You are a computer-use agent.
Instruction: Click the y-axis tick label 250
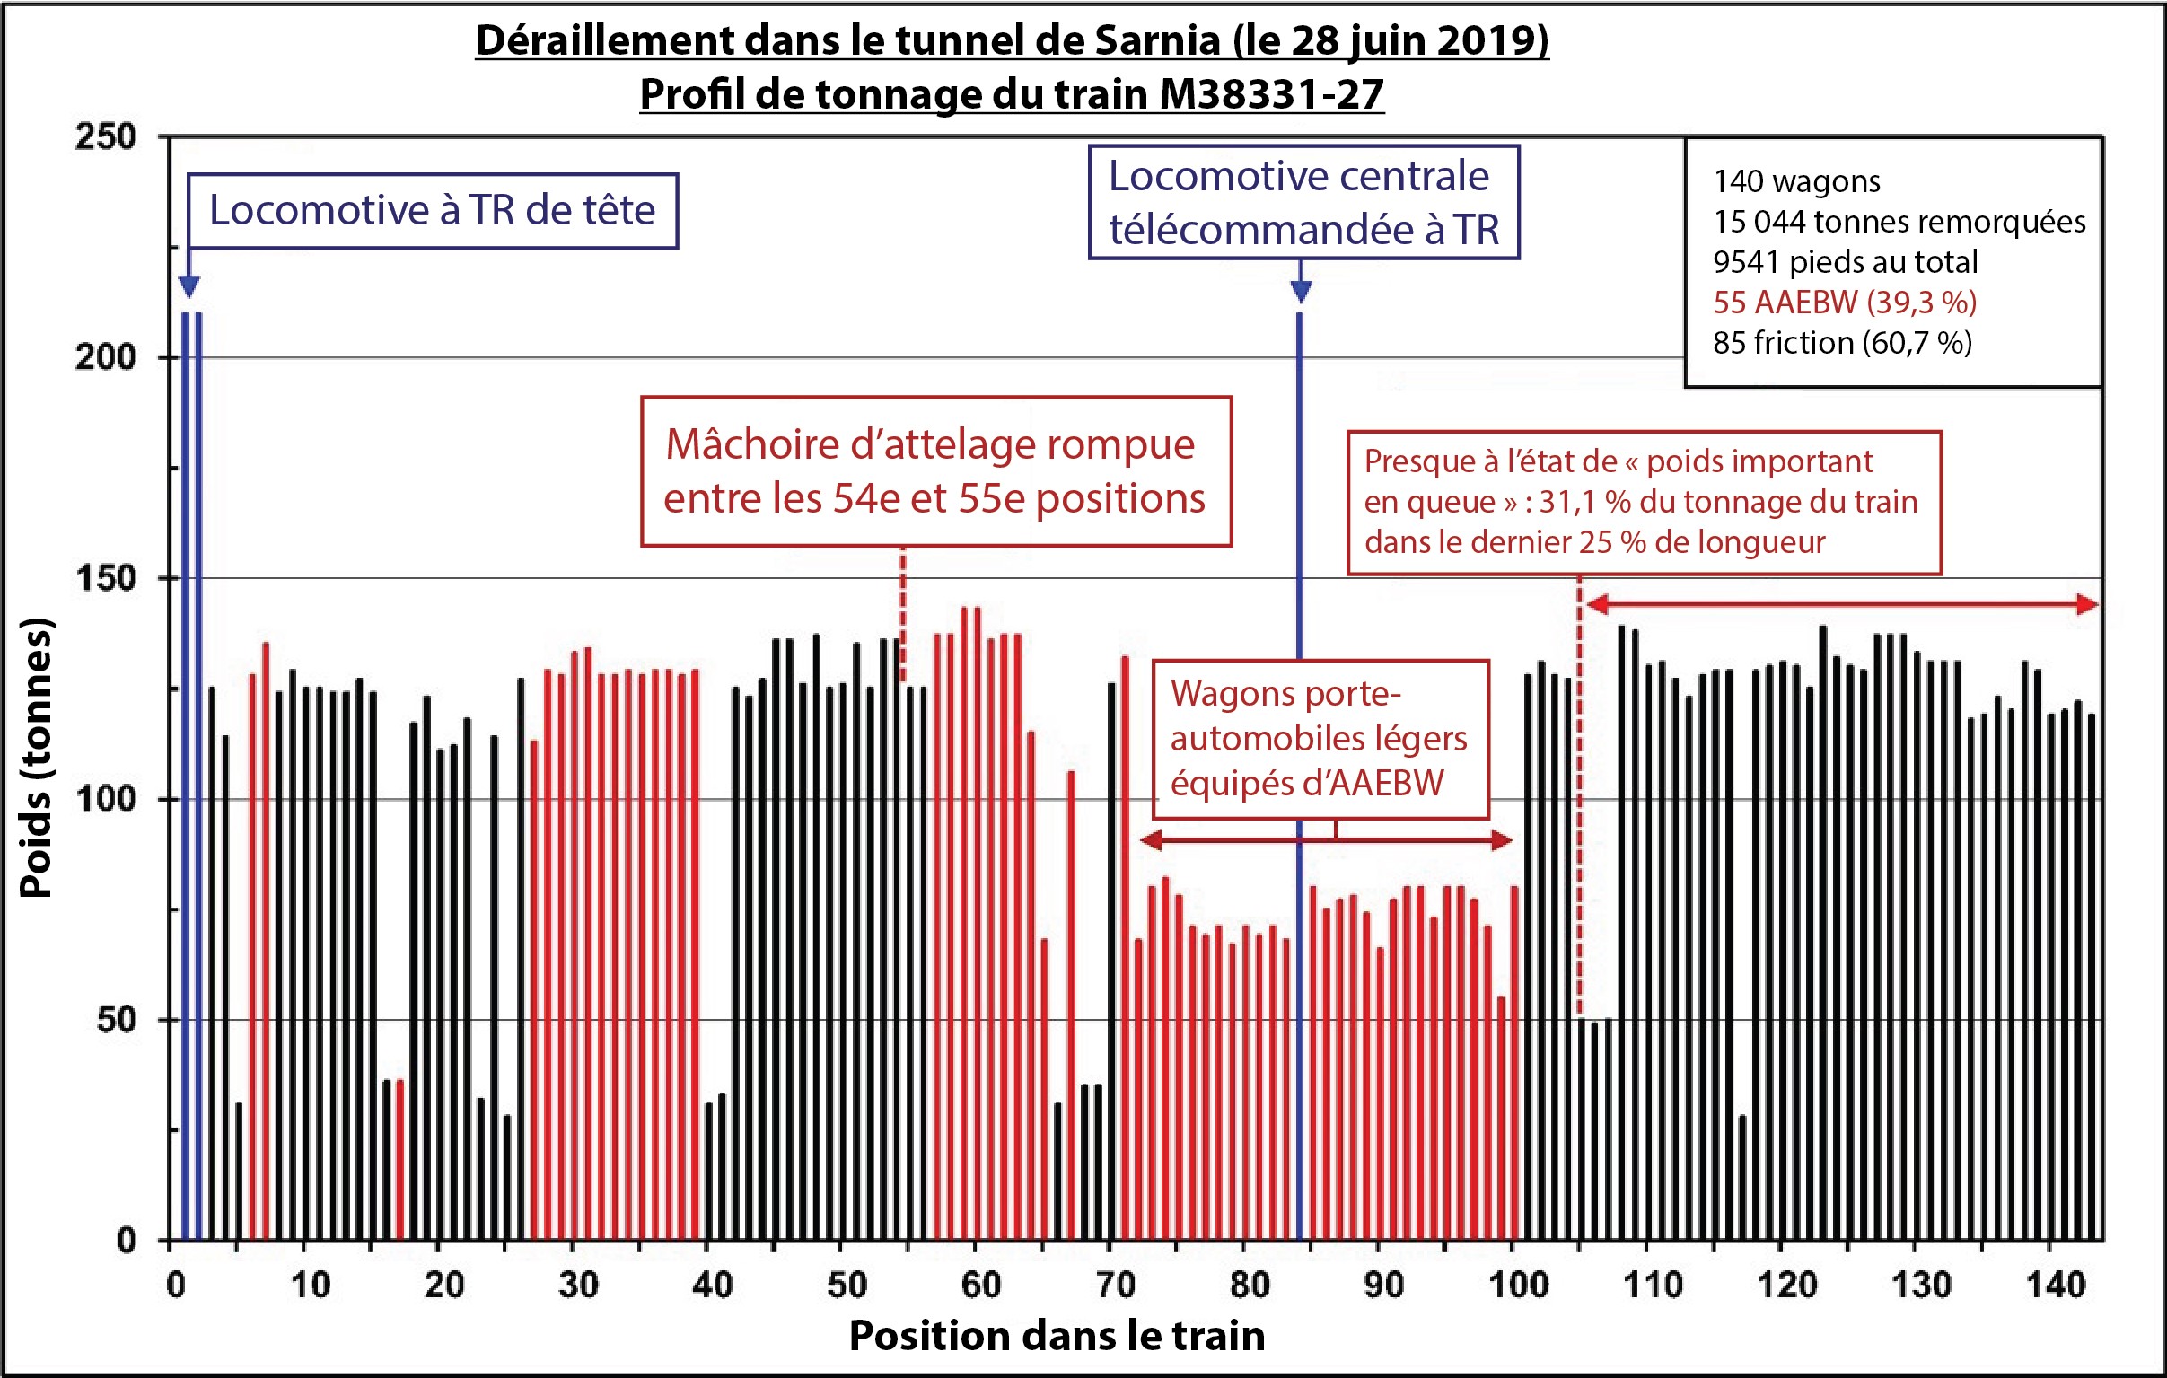[105, 136]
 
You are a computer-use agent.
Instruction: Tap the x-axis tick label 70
[1116, 1285]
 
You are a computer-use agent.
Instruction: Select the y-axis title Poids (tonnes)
[37, 758]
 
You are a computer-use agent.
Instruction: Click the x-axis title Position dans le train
[1057, 1335]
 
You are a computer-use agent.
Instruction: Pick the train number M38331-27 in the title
[1271, 93]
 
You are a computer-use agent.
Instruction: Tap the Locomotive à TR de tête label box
[433, 211]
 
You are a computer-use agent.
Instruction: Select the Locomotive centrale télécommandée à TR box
[1304, 203]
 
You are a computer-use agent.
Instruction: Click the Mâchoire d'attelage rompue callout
[936, 471]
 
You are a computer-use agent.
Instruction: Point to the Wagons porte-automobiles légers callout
[1320, 739]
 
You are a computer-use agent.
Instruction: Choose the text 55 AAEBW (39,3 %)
[1844, 303]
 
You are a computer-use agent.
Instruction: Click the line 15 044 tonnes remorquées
[1899, 222]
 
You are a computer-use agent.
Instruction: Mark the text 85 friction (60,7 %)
[1841, 343]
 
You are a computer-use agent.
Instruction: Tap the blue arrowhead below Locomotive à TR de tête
[189, 287]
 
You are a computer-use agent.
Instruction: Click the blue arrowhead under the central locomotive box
[1301, 290]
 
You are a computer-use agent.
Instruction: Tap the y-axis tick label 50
[116, 1020]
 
